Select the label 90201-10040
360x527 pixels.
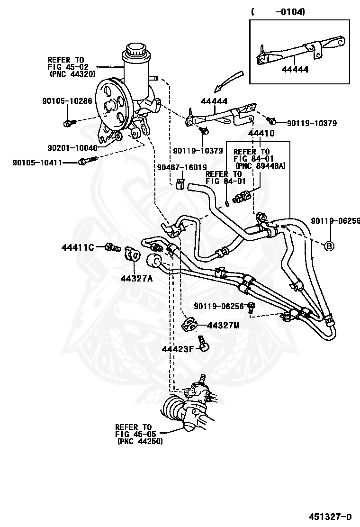tap(72, 148)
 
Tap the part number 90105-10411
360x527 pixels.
tap(37, 163)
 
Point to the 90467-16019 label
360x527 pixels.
tap(182, 167)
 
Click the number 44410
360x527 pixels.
tap(257, 134)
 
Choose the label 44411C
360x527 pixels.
tap(78, 247)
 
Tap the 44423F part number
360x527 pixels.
tap(178, 349)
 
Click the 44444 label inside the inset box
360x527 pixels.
tap(295, 69)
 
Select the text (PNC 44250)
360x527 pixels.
tap(139, 441)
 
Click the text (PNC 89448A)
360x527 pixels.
tap(256, 165)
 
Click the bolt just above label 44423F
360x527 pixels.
tap(203, 342)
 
